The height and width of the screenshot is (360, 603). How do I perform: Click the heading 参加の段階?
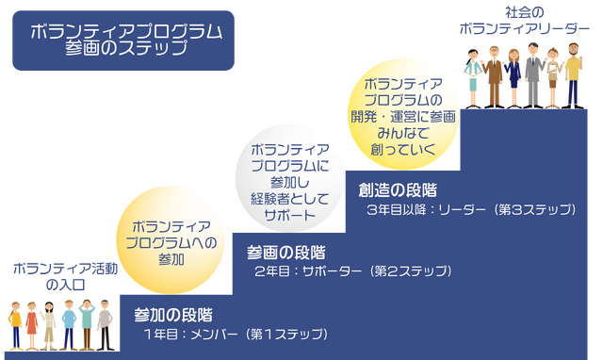coord(173,314)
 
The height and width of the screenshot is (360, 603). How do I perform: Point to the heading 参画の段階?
coord(286,252)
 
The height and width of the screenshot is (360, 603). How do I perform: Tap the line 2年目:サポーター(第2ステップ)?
coord(351,271)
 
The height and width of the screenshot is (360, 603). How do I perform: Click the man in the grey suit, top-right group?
coord(531,72)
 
